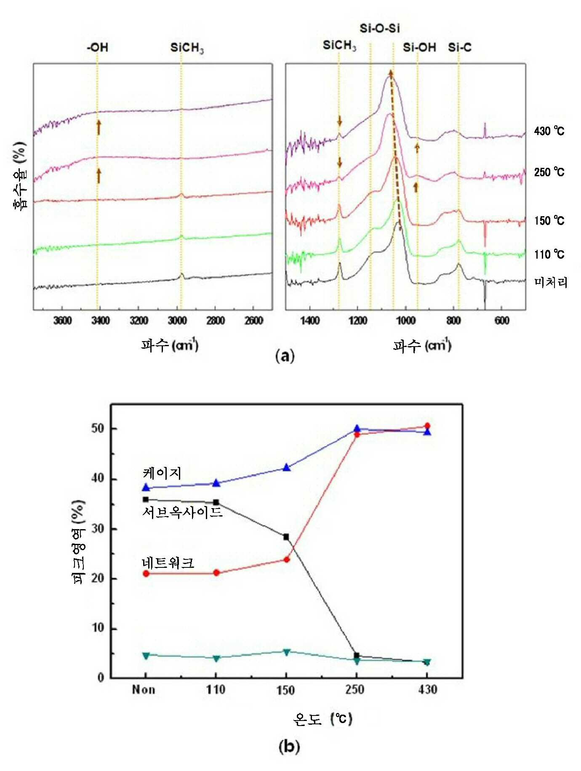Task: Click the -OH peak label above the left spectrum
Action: coord(97,47)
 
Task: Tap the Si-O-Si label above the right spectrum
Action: coord(379,29)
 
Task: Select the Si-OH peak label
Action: coord(419,47)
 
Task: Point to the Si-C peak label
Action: coord(459,47)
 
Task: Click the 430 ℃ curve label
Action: coord(549,131)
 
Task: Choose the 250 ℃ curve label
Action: coord(549,172)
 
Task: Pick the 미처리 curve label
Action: coord(551,282)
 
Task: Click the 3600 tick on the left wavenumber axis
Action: coord(62,321)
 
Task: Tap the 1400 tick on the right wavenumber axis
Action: coord(310,321)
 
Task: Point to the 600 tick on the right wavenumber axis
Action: coord(502,321)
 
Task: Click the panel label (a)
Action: coord(285,356)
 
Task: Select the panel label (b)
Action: coord(289,746)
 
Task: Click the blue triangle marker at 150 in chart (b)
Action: coord(287,467)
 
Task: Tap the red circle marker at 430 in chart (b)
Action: coord(427,426)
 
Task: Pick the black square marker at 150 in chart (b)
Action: coord(286,537)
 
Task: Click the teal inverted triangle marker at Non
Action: coord(146,655)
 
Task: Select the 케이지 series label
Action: coord(162,473)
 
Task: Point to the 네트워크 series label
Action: coord(168,562)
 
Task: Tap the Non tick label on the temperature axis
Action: coord(144,690)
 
